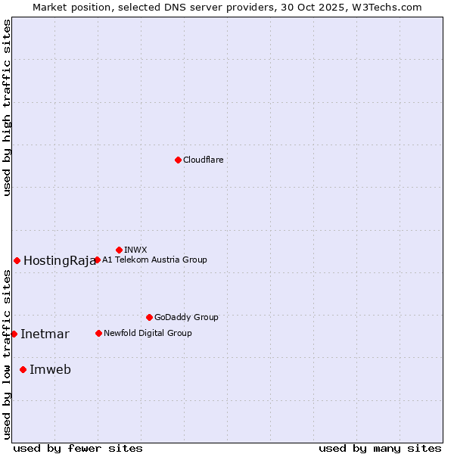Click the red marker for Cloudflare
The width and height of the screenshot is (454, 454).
point(178,160)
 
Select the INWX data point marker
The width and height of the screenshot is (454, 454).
point(119,250)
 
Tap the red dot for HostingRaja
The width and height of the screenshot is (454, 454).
point(17,260)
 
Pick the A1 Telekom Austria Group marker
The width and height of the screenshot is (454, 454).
point(97,260)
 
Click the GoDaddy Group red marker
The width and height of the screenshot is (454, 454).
point(149,317)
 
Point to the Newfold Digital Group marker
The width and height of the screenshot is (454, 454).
point(98,333)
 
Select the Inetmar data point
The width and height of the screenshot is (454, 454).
point(14,334)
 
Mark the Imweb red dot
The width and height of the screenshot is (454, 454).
point(23,369)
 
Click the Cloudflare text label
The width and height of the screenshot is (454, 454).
point(203,160)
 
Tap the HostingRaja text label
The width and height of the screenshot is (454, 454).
point(60,261)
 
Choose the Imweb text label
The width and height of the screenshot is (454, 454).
point(50,370)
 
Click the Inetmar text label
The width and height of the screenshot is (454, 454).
point(45,334)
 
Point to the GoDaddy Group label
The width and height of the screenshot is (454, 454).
point(186,317)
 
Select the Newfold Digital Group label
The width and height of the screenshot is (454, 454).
point(148,333)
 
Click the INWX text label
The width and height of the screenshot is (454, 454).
point(135,250)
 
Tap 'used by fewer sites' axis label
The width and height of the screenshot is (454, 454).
point(78,448)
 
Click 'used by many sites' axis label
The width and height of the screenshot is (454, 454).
point(380,448)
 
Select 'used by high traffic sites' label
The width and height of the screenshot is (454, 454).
point(7,107)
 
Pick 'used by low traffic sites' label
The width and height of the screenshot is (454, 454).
point(7,354)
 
